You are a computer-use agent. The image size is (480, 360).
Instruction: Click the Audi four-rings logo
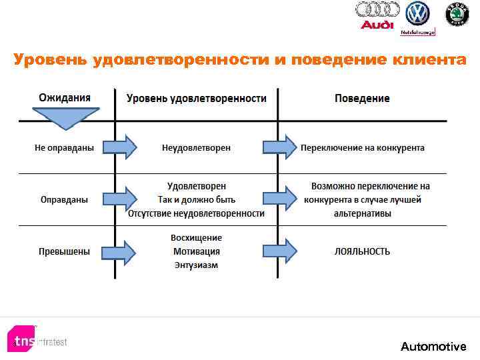point(377,10)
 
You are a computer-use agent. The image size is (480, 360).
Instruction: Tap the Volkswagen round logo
point(418,13)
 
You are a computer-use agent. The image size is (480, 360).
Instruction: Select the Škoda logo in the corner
point(457,14)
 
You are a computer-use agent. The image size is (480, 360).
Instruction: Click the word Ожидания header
point(65,97)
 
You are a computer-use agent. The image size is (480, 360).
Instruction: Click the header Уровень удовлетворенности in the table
point(197,98)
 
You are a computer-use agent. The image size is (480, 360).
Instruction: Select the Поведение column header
point(362,98)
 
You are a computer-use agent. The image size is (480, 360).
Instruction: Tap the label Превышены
point(65,251)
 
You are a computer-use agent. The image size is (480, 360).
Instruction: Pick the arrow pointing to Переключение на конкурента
point(280,147)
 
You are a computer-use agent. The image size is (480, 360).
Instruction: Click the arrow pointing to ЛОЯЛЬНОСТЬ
point(280,251)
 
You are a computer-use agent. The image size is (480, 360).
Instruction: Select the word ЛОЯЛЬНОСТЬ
point(362,251)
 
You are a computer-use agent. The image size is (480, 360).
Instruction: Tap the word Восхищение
point(197,238)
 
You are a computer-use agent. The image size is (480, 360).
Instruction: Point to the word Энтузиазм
point(197,265)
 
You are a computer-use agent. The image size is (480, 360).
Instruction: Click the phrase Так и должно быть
point(197,199)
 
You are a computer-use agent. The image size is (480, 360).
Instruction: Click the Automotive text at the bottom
point(433,346)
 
